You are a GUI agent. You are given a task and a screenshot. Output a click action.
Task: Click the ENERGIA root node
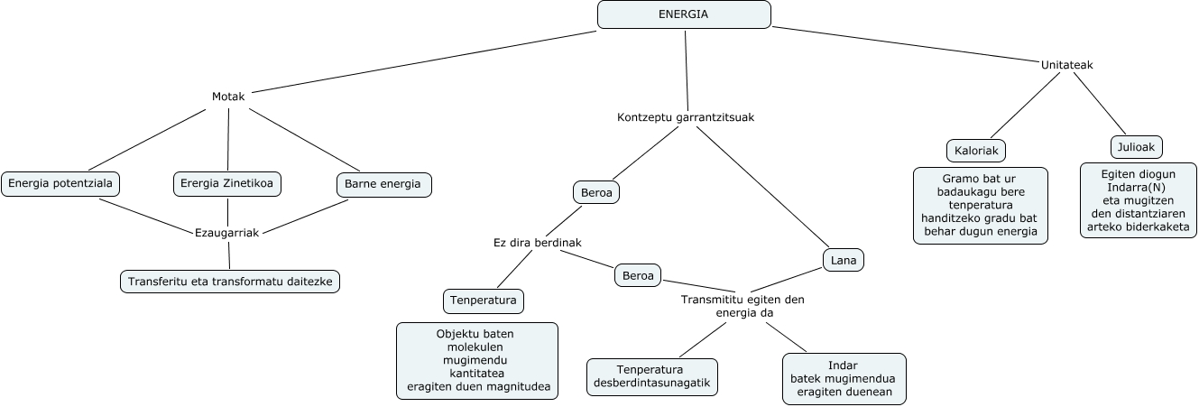(684, 14)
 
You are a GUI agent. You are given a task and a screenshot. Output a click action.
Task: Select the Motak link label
(228, 97)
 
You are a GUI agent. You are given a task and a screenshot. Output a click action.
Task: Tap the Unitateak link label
(1067, 65)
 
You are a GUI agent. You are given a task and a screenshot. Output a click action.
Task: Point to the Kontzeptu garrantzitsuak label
(686, 117)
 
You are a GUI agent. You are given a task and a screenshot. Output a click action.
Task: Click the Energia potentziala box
(60, 184)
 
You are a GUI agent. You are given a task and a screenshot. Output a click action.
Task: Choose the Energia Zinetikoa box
(227, 184)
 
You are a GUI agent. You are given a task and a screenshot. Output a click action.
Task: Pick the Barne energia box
(383, 184)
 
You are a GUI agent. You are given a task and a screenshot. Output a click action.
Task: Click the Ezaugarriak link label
(227, 233)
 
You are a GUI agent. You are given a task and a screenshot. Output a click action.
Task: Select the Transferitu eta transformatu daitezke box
(230, 282)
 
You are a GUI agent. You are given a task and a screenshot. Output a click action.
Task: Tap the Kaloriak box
(976, 150)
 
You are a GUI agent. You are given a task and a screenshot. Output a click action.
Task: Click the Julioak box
(1136, 146)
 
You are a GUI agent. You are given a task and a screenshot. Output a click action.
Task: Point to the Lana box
(844, 260)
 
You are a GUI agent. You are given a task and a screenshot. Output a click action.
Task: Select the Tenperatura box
(484, 300)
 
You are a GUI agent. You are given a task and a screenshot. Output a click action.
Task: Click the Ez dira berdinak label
(537, 243)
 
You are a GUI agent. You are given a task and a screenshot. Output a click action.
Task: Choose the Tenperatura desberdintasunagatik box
(652, 377)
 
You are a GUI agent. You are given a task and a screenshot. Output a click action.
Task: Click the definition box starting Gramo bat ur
(980, 205)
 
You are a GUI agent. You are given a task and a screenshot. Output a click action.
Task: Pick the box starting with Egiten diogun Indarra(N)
(1139, 200)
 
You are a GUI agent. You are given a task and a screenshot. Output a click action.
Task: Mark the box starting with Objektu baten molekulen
(476, 361)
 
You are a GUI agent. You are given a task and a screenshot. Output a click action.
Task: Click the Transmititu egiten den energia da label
(742, 306)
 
